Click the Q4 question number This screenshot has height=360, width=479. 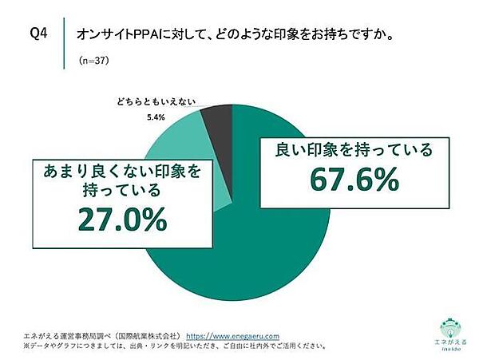pyautogui.click(x=38, y=34)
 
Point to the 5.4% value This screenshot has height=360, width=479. pyautogui.click(x=156, y=117)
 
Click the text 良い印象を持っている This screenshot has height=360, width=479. pyautogui.click(x=354, y=149)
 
